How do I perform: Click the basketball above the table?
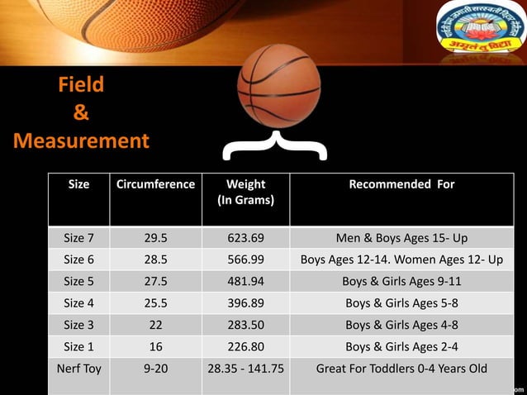278,87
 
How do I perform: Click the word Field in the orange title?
81,85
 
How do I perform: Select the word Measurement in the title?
81,140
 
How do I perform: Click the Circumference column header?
155,184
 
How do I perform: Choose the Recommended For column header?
401,184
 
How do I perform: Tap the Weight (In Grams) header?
245,192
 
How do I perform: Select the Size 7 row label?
78,238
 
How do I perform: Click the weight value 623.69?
245,238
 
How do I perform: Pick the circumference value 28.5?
155,259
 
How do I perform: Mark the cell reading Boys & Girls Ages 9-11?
401,281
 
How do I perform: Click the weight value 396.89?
245,302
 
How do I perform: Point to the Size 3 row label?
78,325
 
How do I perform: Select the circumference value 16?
155,346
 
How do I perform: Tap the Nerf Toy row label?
78,369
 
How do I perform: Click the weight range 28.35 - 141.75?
245,369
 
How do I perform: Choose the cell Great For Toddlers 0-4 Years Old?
401,369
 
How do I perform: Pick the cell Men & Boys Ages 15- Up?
401,238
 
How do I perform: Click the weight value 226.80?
245,346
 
